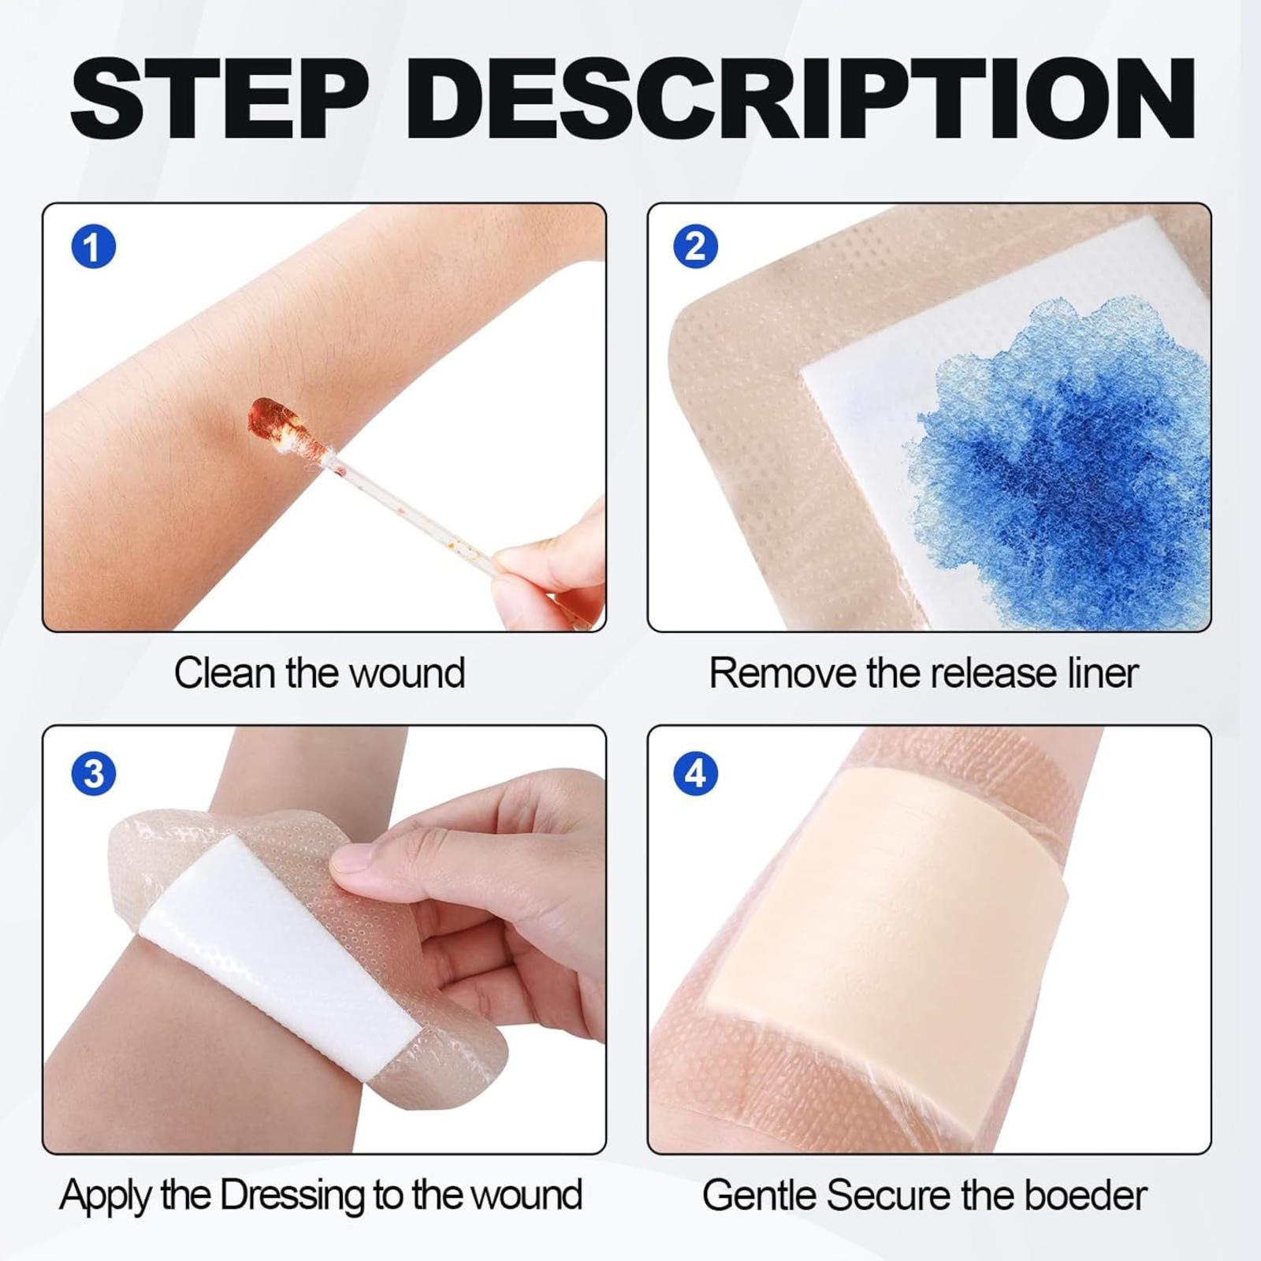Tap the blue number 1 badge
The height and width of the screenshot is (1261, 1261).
point(94,247)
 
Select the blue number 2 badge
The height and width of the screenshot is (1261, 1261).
point(696,247)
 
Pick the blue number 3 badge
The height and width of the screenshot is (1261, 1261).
point(94,773)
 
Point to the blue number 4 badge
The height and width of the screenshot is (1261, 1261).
point(696,773)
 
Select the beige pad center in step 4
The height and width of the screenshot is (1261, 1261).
point(887,946)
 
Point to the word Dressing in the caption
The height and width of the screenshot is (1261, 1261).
point(293,1196)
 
